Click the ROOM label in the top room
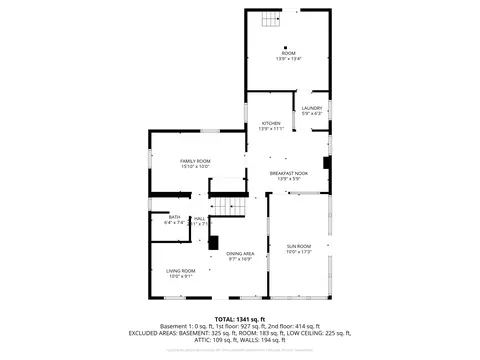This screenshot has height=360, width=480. tap(288, 53)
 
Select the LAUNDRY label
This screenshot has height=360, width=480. tap(312, 108)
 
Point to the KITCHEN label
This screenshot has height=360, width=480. tap(271, 123)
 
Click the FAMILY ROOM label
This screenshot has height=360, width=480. tap(195, 161)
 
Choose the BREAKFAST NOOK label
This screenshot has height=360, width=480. tap(288, 173)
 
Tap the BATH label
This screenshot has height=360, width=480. tap(174, 217)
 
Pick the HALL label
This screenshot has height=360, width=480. tap(199, 218)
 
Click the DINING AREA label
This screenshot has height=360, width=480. tap(240, 254)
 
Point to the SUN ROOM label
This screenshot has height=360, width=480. tap(299, 246)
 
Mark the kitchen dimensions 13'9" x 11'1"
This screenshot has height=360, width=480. tap(271, 129)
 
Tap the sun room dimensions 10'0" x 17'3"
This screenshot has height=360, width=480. tap(299, 252)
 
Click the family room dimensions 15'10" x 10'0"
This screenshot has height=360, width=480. tap(195, 167)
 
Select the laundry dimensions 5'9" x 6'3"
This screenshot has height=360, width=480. tap(312, 114)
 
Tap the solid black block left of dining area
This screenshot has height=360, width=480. tap(213, 242)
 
